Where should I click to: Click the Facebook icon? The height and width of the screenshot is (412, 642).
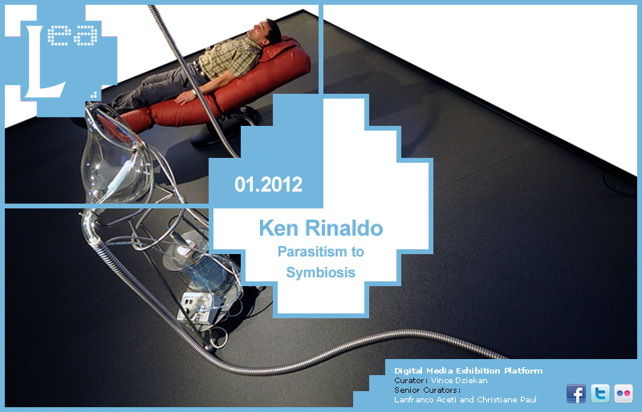pyautogui.click(x=576, y=394)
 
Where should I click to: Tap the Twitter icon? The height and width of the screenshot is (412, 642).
pyautogui.click(x=599, y=394)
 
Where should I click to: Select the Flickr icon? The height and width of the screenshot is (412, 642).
pyautogui.click(x=624, y=394)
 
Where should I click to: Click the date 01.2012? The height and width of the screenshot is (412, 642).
pyautogui.click(x=269, y=184)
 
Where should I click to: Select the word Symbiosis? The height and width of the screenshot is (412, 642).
pyautogui.click(x=320, y=272)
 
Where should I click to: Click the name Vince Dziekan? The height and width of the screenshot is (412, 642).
pyautogui.click(x=459, y=381)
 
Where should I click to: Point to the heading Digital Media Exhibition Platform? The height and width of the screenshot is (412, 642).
pyautogui.click(x=469, y=370)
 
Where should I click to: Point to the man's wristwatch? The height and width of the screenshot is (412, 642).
pyautogui.click(x=194, y=93)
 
